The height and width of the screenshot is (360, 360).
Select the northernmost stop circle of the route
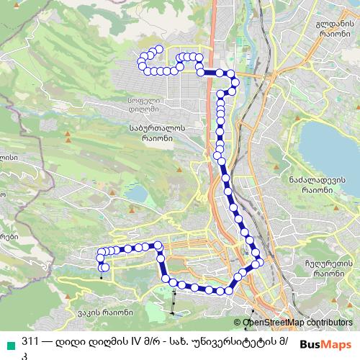tap(154, 50)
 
